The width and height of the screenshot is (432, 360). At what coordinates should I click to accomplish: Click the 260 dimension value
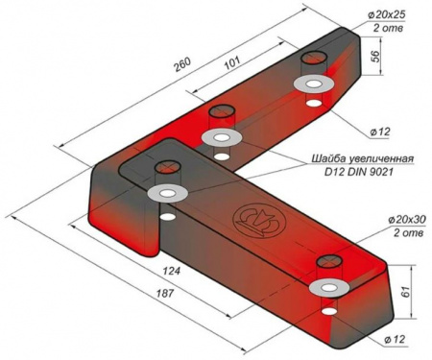click(x=182, y=65)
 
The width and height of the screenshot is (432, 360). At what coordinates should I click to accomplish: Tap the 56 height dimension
click(x=375, y=57)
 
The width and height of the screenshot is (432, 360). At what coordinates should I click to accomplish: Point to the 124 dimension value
click(x=172, y=272)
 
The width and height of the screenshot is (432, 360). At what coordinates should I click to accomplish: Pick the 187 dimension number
click(x=165, y=293)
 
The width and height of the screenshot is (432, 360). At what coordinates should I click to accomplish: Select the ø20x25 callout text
click(x=387, y=14)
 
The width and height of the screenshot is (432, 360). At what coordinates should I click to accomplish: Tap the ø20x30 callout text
click(x=407, y=220)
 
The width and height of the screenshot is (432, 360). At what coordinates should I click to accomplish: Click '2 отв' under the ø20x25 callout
click(x=388, y=28)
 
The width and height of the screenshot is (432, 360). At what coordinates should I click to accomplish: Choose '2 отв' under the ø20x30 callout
click(x=408, y=232)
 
